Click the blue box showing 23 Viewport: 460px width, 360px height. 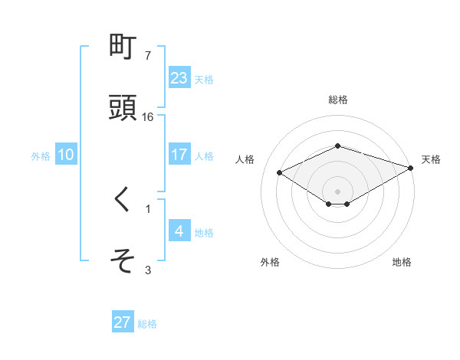point(179,78)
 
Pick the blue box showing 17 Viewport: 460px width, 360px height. point(179,155)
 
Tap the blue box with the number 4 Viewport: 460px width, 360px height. point(179,231)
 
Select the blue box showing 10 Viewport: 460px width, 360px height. point(66,155)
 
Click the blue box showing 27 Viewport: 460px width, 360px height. point(123,322)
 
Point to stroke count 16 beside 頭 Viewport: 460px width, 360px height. point(148,117)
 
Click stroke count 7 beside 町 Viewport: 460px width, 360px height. point(148,56)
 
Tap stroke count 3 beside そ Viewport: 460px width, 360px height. point(148,270)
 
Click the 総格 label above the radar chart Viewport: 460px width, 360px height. point(337,100)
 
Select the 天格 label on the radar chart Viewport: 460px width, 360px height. point(431,159)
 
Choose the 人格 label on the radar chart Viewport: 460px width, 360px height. point(245,159)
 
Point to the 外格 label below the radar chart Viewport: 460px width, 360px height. point(270,263)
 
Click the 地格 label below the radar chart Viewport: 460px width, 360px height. point(402,263)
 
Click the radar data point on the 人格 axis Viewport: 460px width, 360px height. point(280,172)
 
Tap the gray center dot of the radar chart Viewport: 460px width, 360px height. point(337,191)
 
